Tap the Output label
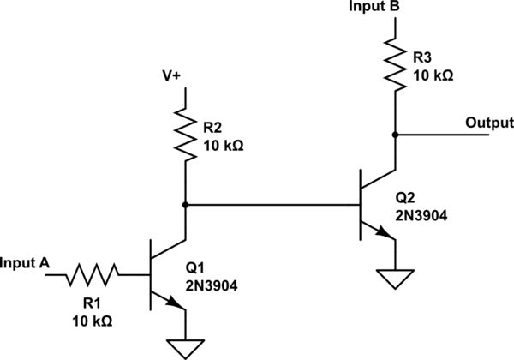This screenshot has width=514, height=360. coord(489,123)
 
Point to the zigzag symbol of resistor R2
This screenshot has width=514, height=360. coord(184,133)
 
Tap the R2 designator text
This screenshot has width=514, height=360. coord(212,129)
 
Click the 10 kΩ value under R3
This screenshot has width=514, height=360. coord(433,75)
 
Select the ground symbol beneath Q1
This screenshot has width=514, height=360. coord(184,348)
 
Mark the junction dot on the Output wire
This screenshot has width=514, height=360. coord(395,134)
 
